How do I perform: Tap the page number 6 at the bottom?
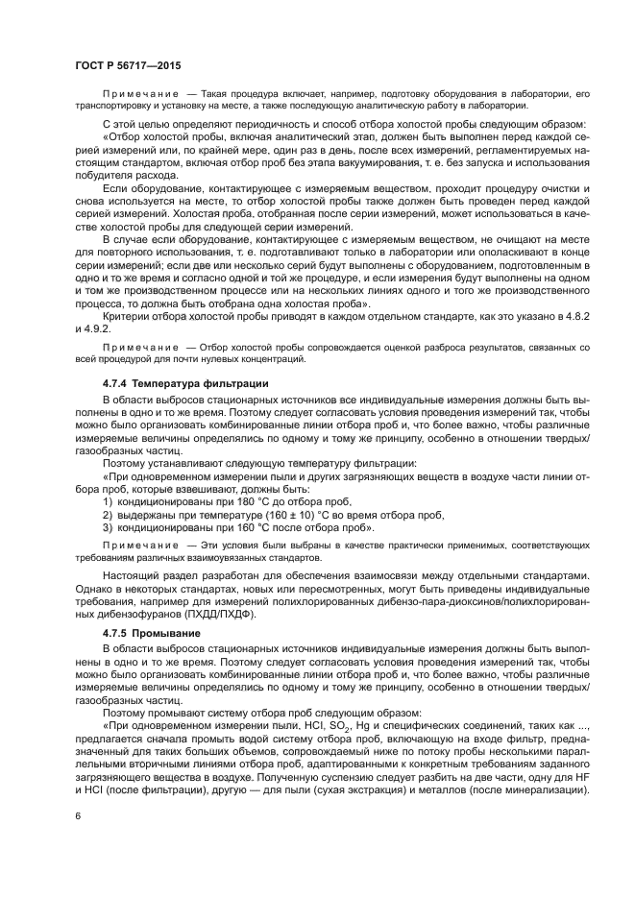(x=77, y=815)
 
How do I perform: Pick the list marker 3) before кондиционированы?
(x=108, y=528)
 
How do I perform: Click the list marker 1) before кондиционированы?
(x=108, y=501)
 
